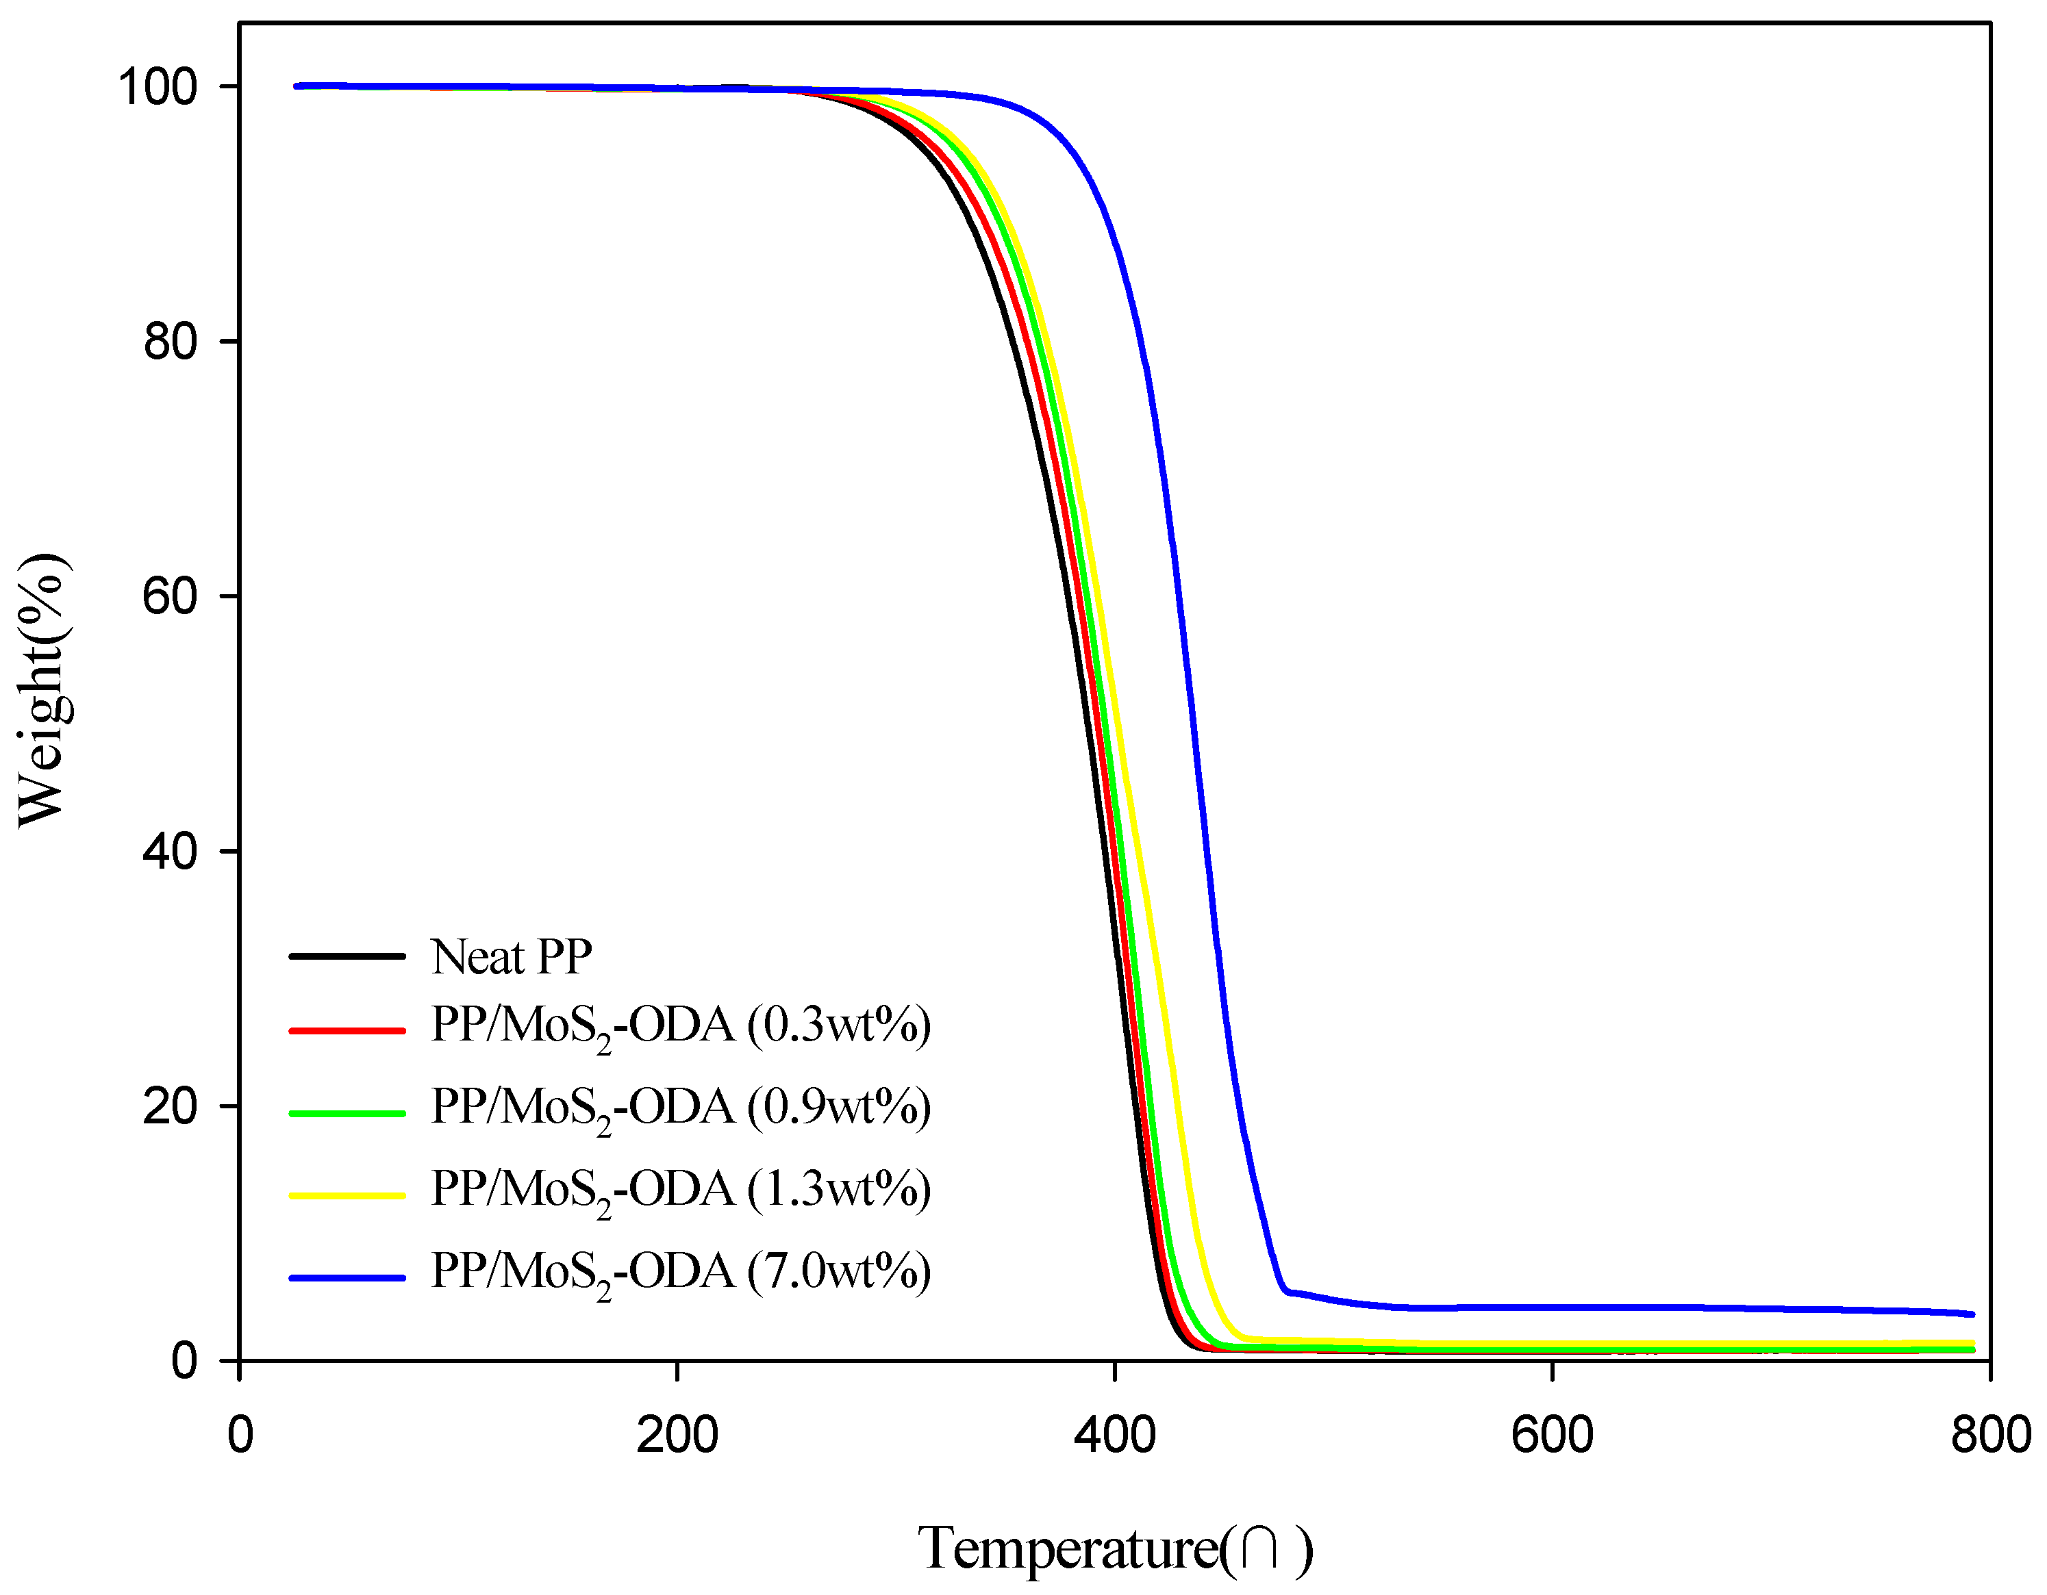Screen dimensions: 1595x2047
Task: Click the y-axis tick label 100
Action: click(x=158, y=87)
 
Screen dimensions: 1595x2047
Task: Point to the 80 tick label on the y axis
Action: click(x=171, y=342)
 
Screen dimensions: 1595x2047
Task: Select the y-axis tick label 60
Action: click(x=171, y=597)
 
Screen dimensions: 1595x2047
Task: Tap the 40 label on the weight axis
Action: click(x=171, y=852)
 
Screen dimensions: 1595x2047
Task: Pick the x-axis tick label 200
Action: click(x=677, y=1435)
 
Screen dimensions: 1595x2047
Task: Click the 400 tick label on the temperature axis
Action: click(x=1114, y=1435)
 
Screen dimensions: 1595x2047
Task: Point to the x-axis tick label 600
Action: click(x=1552, y=1435)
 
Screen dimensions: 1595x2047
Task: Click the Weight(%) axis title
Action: click(x=42, y=691)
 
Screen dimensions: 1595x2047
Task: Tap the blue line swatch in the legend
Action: click(x=347, y=1278)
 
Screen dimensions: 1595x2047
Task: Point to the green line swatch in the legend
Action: click(x=347, y=1113)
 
